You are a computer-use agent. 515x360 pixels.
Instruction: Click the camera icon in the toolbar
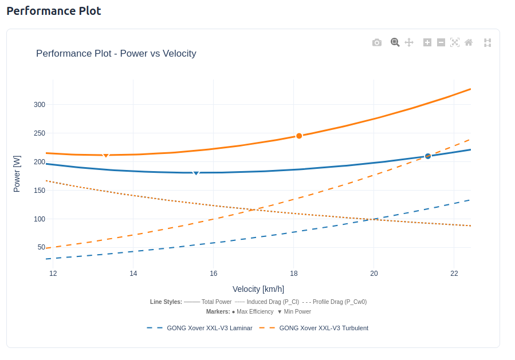pyautogui.click(x=376, y=42)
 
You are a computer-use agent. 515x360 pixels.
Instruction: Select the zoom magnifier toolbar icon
pyautogui.click(x=395, y=42)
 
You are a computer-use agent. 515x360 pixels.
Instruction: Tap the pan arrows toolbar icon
pyautogui.click(x=409, y=42)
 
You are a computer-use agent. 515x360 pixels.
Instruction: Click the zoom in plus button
pyautogui.click(x=427, y=42)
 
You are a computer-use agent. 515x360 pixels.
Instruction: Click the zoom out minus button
pyautogui.click(x=441, y=42)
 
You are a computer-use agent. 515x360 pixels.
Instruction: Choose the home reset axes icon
pyautogui.click(x=469, y=42)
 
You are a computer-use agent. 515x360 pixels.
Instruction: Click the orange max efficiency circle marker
pyautogui.click(x=299, y=136)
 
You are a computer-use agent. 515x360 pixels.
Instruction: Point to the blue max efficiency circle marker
pyautogui.click(x=428, y=156)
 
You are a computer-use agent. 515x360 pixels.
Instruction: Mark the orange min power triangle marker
pyautogui.click(x=105, y=156)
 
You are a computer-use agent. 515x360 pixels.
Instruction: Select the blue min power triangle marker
pyautogui.click(x=196, y=173)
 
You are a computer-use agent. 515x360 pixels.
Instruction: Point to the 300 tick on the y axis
pyautogui.click(x=39, y=105)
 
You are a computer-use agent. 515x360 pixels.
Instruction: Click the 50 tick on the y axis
pyautogui.click(x=41, y=247)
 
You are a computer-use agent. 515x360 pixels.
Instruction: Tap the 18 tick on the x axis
pyautogui.click(x=294, y=274)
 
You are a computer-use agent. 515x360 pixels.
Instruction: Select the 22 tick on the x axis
pyautogui.click(x=454, y=274)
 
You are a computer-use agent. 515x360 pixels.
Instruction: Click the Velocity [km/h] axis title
pyautogui.click(x=258, y=289)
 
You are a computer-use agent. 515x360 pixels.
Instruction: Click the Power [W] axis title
pyautogui.click(x=17, y=173)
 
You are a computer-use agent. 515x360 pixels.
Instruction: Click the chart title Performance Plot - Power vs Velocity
pyautogui.click(x=116, y=54)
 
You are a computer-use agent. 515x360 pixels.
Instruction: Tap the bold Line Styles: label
pyautogui.click(x=166, y=302)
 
